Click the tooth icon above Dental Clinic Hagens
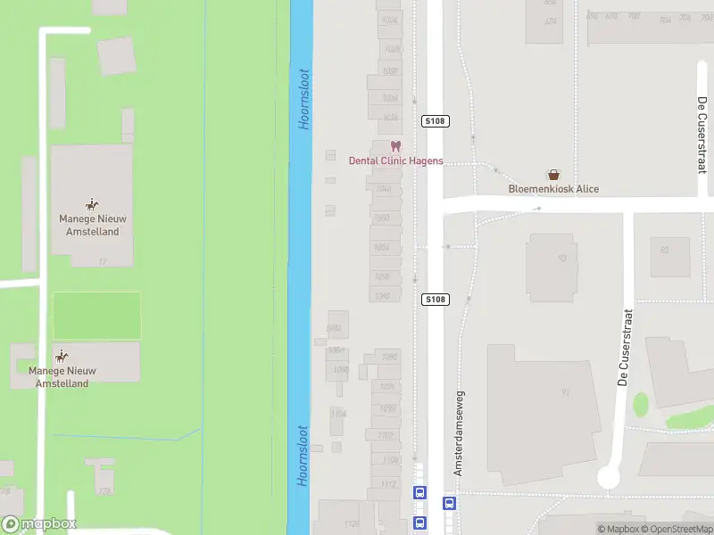click(x=396, y=147)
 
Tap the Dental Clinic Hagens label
click(x=395, y=161)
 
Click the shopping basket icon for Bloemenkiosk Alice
click(x=553, y=176)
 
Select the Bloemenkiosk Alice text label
click(x=553, y=189)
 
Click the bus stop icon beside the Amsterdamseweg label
click(x=450, y=503)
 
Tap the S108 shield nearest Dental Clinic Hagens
click(x=434, y=121)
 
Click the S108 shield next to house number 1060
click(x=434, y=300)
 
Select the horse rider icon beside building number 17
click(x=92, y=205)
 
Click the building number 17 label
click(x=103, y=261)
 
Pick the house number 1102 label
click(x=386, y=435)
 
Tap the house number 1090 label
click(x=389, y=358)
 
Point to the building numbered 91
click(x=564, y=392)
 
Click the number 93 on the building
click(x=562, y=259)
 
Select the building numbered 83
click(x=664, y=251)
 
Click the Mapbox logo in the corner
click(x=39, y=524)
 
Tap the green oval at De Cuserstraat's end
click(x=641, y=405)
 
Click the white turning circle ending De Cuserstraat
click(x=609, y=477)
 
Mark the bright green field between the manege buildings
click(x=96, y=316)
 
